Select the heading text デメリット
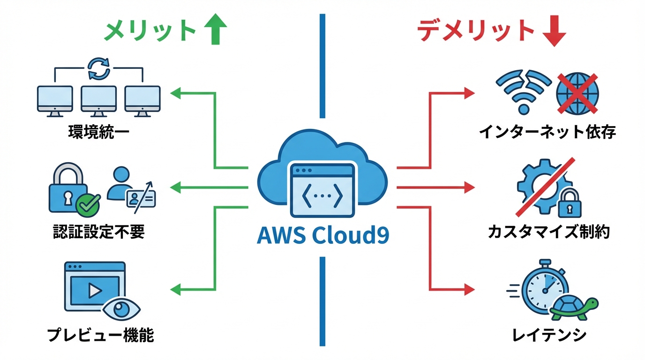pyautogui.click(x=476, y=31)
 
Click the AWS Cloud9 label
pyautogui.click(x=322, y=235)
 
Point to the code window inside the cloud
pyautogui.click(x=322, y=189)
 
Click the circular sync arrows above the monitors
pyautogui.click(x=99, y=69)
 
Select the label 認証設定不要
pyautogui.click(x=99, y=232)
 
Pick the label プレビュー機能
pyautogui.click(x=100, y=335)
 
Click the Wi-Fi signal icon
pyautogui.click(x=522, y=91)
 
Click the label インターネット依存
pyautogui.click(x=547, y=132)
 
